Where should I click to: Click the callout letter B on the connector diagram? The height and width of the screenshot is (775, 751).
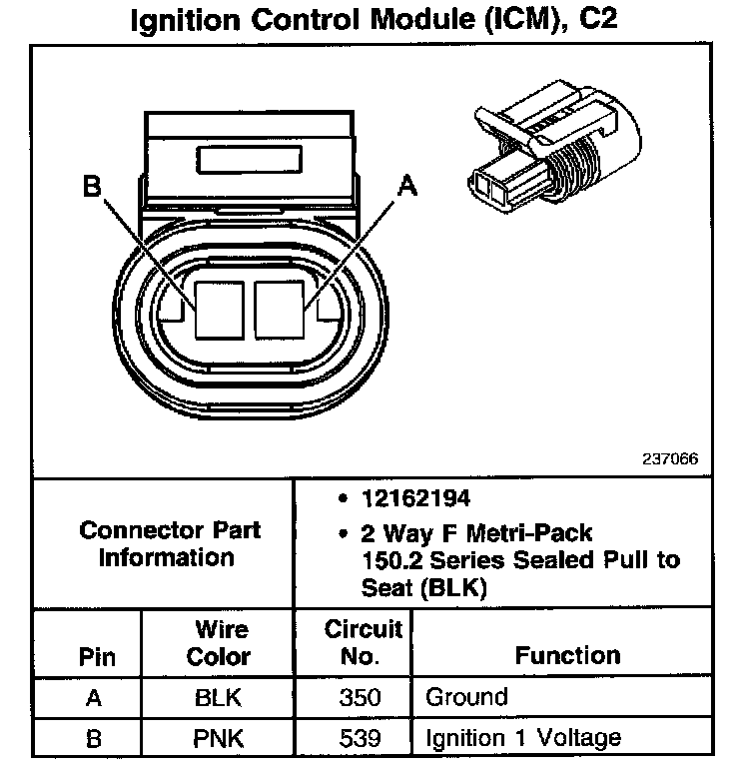click(x=93, y=188)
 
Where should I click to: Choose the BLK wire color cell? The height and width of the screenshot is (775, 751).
click(x=218, y=698)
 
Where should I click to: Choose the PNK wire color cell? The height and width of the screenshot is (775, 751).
click(x=218, y=739)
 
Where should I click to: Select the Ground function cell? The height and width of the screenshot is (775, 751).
click(x=466, y=697)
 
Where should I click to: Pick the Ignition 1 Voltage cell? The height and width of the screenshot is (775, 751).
click(x=522, y=739)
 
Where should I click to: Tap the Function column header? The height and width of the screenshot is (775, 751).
click(x=566, y=656)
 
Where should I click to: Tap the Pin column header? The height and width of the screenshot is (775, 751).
click(x=96, y=657)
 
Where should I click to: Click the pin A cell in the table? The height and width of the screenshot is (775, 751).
click(x=95, y=698)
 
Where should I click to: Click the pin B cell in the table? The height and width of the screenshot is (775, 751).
click(x=95, y=739)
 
